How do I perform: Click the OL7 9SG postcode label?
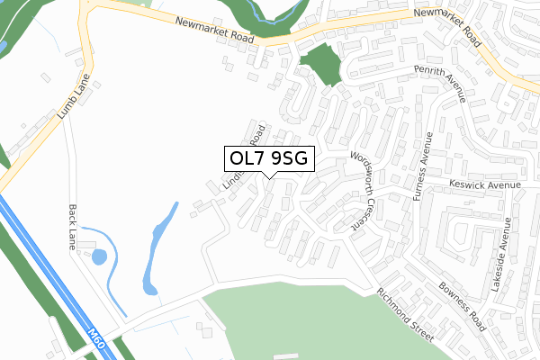[269, 158]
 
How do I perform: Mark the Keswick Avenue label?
[487, 185]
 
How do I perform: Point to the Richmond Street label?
[405, 313]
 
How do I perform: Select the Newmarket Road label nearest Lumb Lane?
[217, 31]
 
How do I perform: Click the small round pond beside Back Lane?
[98, 256]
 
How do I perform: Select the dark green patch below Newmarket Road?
[320, 65]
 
